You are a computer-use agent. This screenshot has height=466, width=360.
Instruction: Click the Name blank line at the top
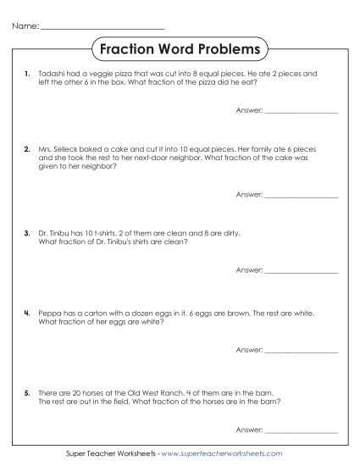[x=102, y=28]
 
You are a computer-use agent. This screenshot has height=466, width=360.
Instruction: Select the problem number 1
[x=28, y=74]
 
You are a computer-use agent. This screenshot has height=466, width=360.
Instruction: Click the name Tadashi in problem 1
[x=53, y=74]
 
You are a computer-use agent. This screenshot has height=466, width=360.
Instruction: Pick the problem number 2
[x=28, y=148]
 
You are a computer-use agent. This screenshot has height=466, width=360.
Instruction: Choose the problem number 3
[x=28, y=231]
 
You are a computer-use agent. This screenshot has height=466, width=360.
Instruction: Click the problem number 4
[x=28, y=313]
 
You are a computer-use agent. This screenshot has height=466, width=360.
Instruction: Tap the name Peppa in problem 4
[x=50, y=313]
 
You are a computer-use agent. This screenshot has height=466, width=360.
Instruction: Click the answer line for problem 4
[x=302, y=350]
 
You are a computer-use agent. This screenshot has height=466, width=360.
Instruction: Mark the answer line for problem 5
[x=302, y=430]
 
